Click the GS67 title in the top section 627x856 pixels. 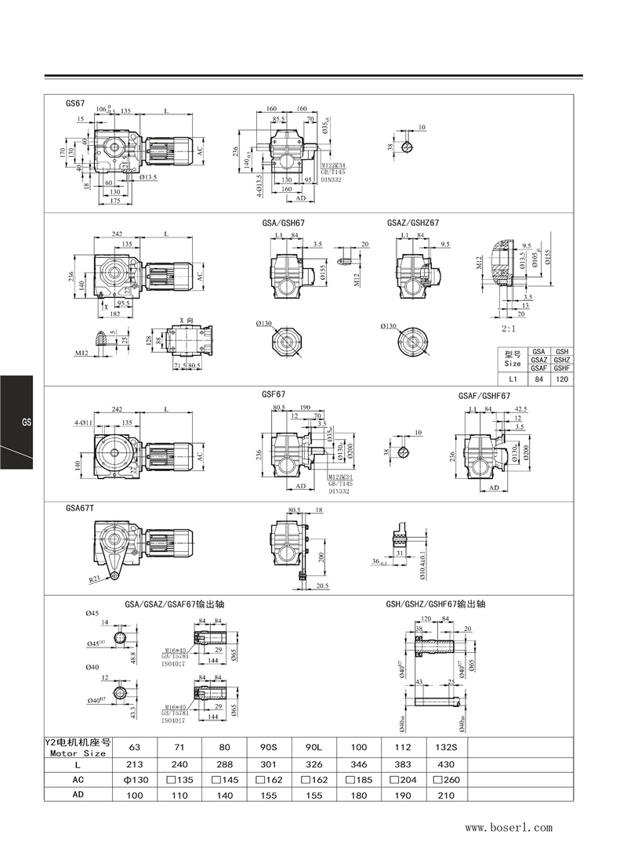point(75,103)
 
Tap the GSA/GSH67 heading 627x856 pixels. point(283,223)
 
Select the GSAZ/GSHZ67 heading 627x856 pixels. point(413,223)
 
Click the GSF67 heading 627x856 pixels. point(273,396)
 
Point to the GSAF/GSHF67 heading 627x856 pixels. point(484,396)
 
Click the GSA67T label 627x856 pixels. point(80,508)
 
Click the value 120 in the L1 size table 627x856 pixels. point(560,379)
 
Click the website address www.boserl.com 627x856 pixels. point(509,828)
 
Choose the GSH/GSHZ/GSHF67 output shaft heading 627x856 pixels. point(436,604)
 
